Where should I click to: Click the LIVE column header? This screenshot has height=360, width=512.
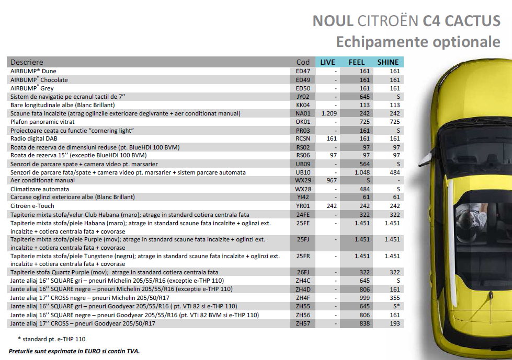[x=327, y=62]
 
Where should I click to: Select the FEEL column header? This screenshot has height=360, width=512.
[x=357, y=62]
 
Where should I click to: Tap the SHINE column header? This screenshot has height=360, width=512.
[x=388, y=62]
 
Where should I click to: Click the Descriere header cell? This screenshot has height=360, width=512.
[x=27, y=62]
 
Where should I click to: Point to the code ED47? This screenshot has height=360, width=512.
[x=303, y=71]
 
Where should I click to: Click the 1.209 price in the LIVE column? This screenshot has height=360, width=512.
[x=328, y=113]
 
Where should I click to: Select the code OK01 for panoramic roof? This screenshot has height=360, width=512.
[x=303, y=122]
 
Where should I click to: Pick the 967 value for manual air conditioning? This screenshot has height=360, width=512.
[x=331, y=180]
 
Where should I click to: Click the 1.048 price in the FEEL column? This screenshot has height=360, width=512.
[x=362, y=172]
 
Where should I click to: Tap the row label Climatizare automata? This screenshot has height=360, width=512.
[x=40, y=189]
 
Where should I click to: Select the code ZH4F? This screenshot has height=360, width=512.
[x=303, y=298]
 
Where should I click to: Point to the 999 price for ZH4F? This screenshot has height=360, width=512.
[x=364, y=298]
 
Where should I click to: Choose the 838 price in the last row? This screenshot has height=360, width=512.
[x=364, y=323]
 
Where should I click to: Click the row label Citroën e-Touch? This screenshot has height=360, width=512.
[x=32, y=205]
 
